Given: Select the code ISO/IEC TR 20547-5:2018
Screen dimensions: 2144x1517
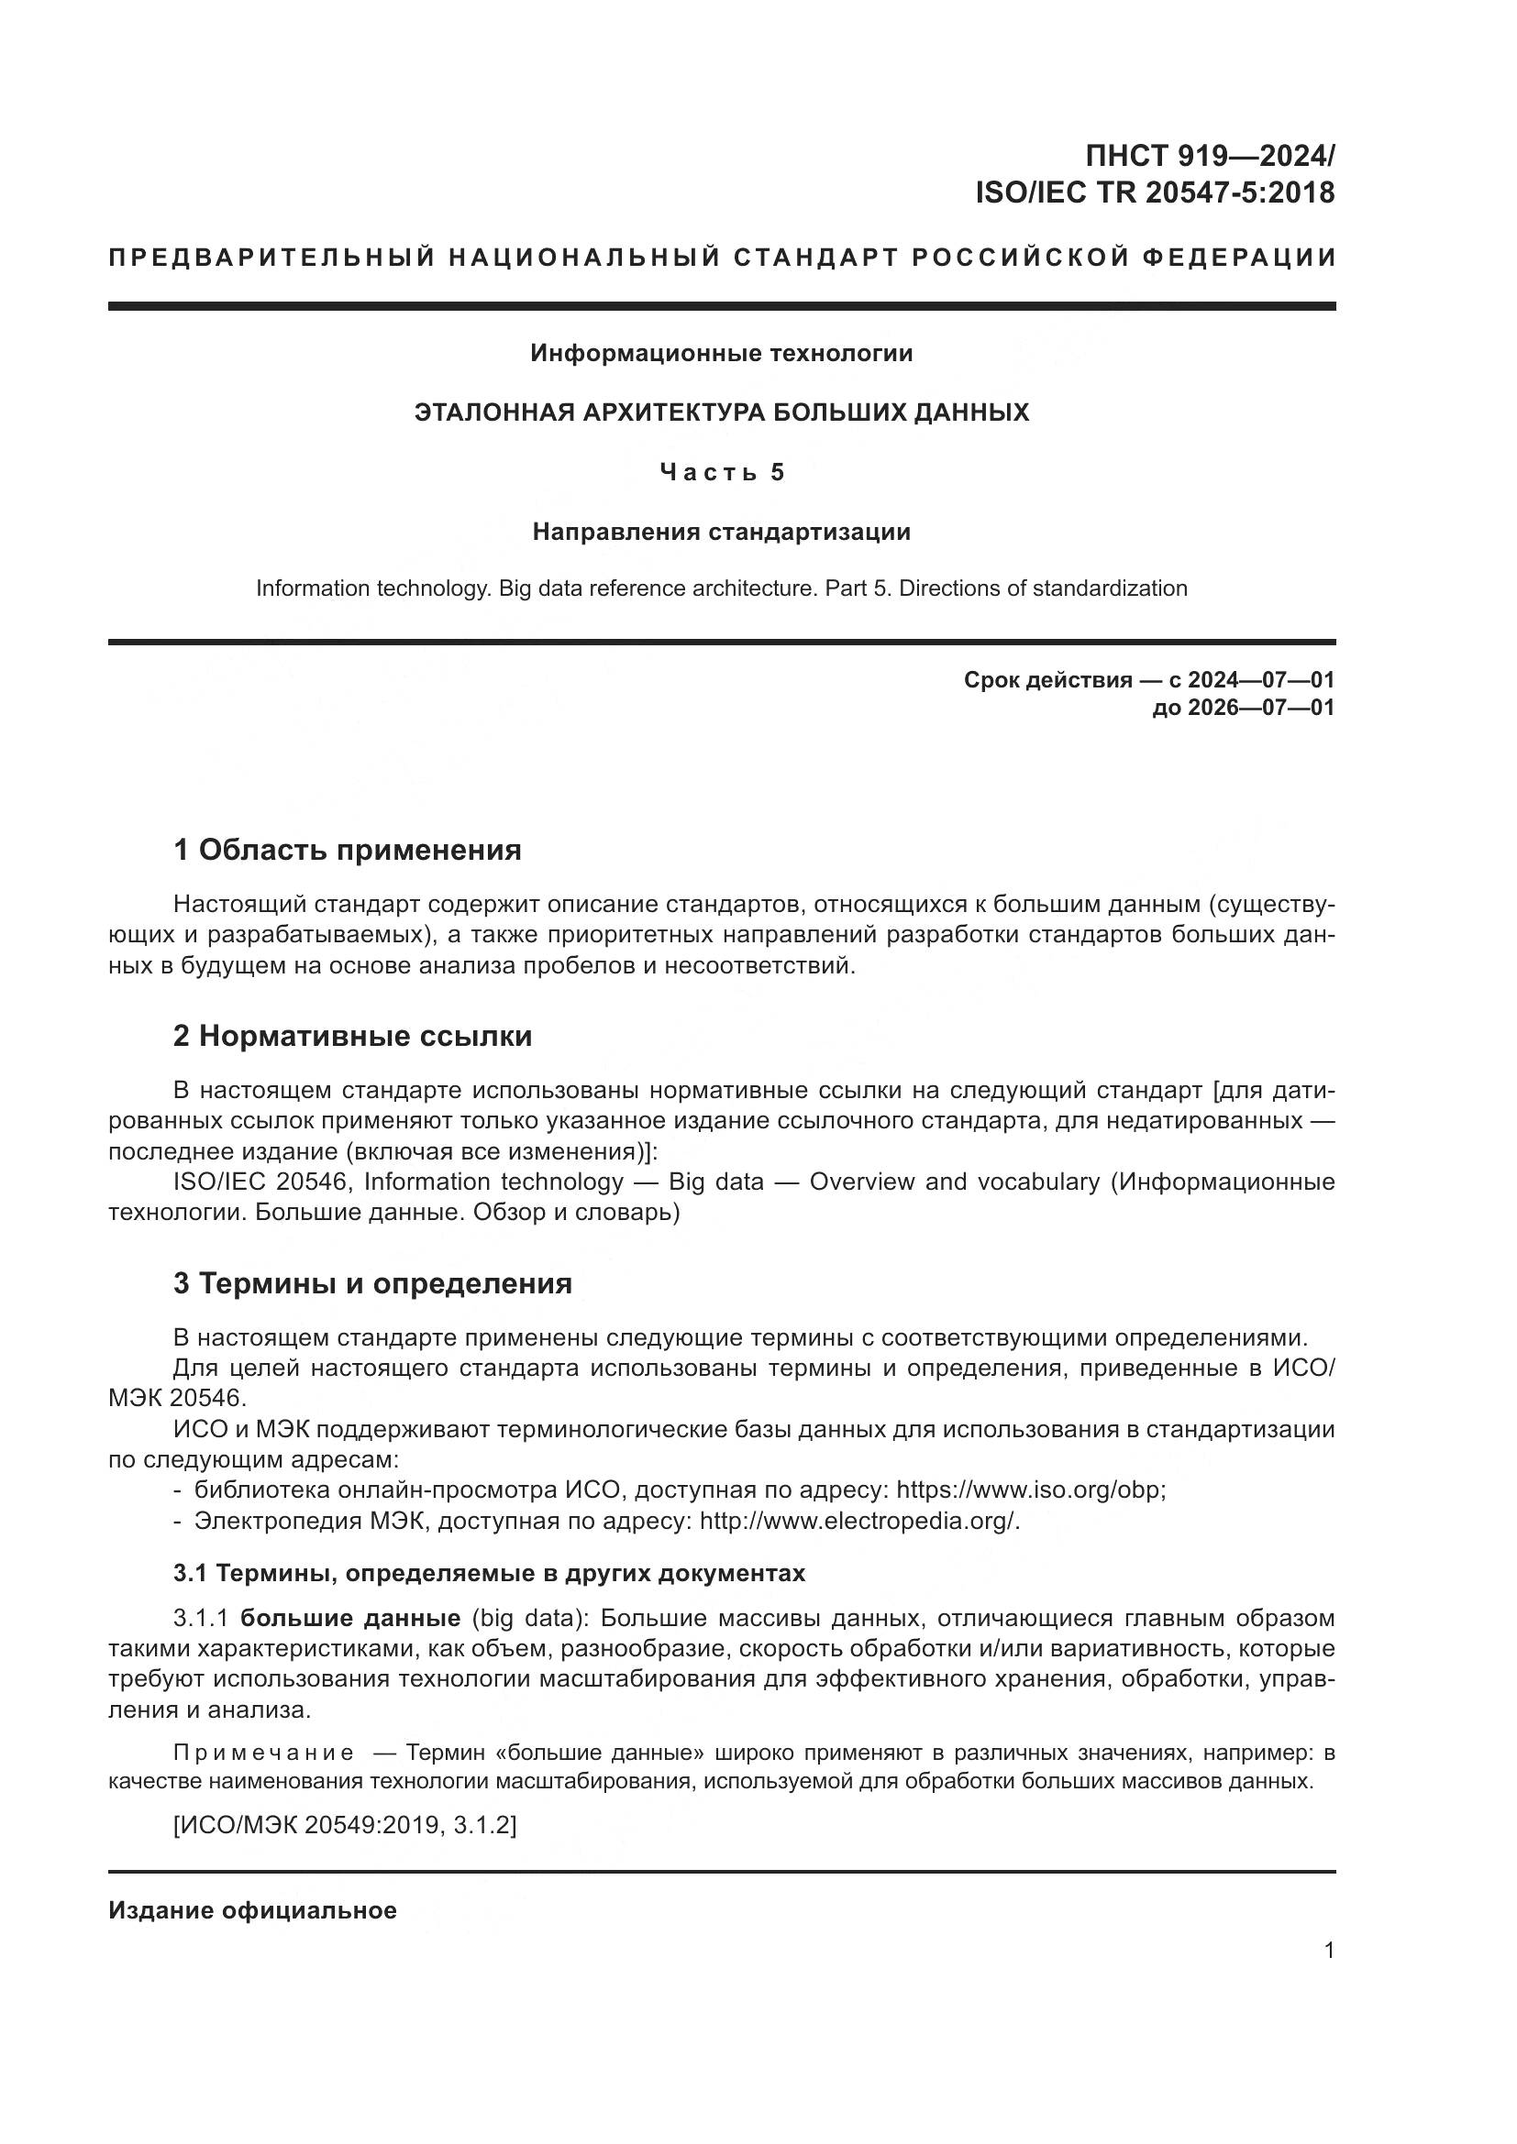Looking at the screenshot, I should [x=1155, y=193].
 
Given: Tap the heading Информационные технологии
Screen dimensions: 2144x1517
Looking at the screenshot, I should [x=721, y=353].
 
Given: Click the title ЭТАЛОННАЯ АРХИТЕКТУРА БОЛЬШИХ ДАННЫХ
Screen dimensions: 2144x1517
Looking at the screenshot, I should [x=721, y=412].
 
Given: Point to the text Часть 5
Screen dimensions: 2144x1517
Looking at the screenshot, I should [x=721, y=472].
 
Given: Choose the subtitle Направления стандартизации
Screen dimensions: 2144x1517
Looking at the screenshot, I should [x=721, y=533].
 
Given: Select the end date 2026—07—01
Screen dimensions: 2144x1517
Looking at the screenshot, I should [x=1261, y=708].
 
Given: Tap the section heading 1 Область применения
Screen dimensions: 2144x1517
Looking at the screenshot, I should [x=347, y=851].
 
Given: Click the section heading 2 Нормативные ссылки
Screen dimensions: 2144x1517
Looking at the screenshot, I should [x=352, y=1037].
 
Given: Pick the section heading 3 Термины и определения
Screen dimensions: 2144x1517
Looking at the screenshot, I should [x=371, y=1284].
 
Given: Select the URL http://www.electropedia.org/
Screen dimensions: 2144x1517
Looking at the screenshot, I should [x=858, y=1522].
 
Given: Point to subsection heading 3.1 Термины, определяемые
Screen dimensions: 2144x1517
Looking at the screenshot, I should [x=489, y=1574].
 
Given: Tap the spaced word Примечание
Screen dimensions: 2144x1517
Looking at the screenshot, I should [x=263, y=1753].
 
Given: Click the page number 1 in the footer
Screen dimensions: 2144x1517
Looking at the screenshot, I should [x=1329, y=1950].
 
